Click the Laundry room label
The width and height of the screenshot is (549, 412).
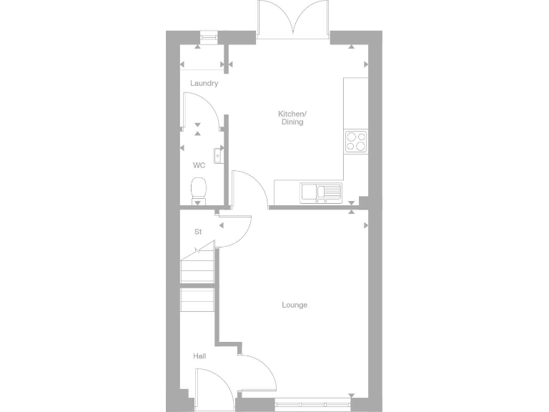pos(204,84)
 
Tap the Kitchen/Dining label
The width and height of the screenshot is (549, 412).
pos(292,118)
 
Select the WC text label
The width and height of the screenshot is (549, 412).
pos(199,165)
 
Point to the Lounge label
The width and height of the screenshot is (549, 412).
pos(295,305)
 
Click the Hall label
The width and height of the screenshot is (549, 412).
pos(199,355)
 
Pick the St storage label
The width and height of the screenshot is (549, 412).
pos(198,232)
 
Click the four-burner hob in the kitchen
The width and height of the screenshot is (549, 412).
pos(356,141)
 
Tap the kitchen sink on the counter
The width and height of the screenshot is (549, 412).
pos(321,192)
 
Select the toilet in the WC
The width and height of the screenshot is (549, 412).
pos(199,190)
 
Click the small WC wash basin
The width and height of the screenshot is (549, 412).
pos(218,154)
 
